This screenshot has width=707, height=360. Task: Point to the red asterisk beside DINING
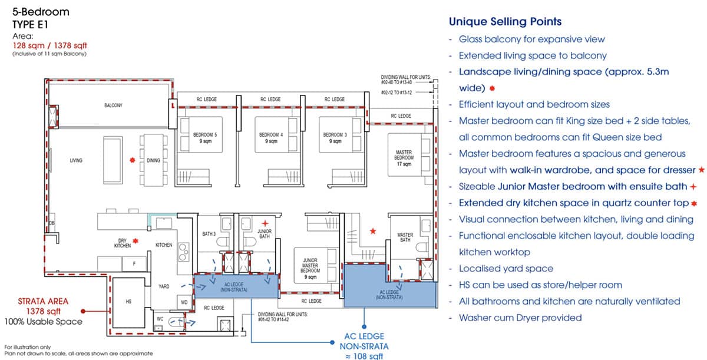click(x=133, y=160)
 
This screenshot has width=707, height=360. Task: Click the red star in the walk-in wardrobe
click(x=372, y=231)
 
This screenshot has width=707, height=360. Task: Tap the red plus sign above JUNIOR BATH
click(x=266, y=223)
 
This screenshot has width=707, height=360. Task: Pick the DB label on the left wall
click(x=52, y=223)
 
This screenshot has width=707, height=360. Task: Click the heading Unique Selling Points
click(x=505, y=22)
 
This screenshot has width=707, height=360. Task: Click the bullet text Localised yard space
click(x=506, y=268)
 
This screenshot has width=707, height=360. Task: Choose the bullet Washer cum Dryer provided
click(x=520, y=318)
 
